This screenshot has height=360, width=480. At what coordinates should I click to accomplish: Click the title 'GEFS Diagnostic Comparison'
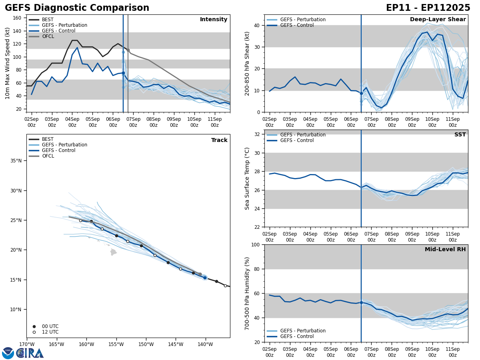(77, 8)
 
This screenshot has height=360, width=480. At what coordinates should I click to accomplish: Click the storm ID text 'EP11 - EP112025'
(428, 8)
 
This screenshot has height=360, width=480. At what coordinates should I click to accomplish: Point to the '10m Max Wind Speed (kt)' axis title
(8, 63)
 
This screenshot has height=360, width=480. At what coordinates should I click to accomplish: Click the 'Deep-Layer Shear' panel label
(438, 20)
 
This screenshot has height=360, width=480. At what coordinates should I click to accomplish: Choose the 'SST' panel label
(460, 135)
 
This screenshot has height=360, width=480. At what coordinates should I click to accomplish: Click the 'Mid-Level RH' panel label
(445, 250)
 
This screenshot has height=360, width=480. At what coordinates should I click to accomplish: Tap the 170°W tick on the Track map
(27, 344)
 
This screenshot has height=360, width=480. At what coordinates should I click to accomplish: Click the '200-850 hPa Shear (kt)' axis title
(248, 63)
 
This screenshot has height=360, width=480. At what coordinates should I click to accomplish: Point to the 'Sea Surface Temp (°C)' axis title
(247, 178)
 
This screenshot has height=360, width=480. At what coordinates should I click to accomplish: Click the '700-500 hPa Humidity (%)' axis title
(248, 293)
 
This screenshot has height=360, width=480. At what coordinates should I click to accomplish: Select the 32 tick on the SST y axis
(258, 134)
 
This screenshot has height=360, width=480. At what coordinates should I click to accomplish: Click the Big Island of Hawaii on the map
(114, 252)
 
